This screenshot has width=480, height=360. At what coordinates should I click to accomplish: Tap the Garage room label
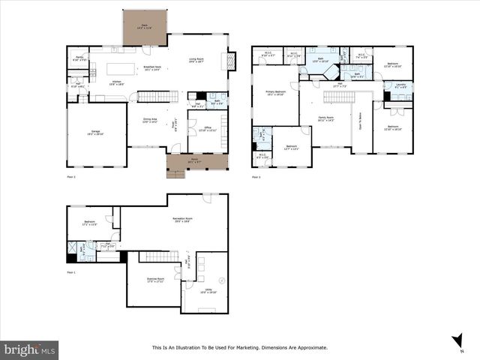coord(95,132)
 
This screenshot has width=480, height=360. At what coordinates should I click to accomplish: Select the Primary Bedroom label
coord(275,93)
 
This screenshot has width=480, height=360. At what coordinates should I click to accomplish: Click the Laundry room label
coord(400,85)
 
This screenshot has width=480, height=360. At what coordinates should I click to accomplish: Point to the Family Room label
coord(325,118)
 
